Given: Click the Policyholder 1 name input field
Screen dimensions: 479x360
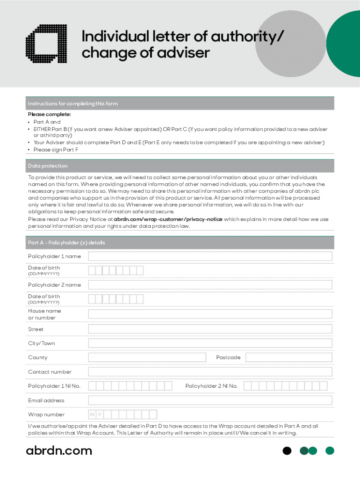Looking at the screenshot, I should coord(210,256).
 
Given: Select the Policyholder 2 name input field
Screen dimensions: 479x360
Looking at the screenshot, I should coord(210,285).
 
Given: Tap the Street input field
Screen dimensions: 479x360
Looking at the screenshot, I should coord(210,329).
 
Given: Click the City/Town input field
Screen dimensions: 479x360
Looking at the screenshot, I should coord(210,343).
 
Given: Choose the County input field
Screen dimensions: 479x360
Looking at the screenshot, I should coord(147,357).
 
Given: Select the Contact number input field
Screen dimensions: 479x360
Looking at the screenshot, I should coord(210,372).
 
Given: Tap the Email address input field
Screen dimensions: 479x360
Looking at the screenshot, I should coord(210,400).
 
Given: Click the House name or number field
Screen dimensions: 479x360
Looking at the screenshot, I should coord(210,314).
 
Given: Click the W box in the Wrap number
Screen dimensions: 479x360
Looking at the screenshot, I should coord(93,414).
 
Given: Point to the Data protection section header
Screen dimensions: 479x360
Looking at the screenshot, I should coord(48,166).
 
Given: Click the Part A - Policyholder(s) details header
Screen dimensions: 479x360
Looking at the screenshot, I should coord(66,243).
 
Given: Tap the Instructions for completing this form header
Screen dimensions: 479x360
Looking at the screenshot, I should coord(73,103).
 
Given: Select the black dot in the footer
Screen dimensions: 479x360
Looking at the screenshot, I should coord(287,451).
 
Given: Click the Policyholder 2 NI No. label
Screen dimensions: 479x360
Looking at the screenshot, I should coord(211,386).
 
